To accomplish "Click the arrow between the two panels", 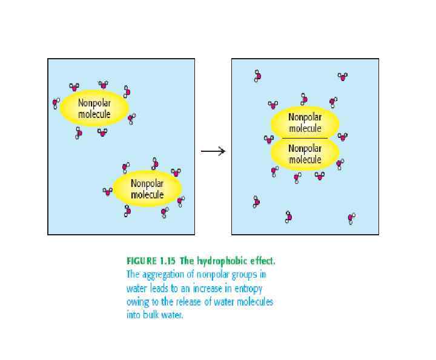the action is click(x=213, y=151).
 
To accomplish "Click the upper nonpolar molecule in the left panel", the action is click(x=94, y=108).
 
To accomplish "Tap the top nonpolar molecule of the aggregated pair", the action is click(x=305, y=123).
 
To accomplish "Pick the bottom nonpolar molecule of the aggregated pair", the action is click(x=305, y=154).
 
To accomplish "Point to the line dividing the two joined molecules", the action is click(x=305, y=139).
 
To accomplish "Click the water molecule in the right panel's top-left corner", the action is click(x=257, y=76).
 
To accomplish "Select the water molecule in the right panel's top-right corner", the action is click(x=343, y=76).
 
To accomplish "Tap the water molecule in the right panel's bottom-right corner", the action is click(x=351, y=218).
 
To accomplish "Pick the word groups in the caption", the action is click(x=251, y=273).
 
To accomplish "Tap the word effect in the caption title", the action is click(x=260, y=261).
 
